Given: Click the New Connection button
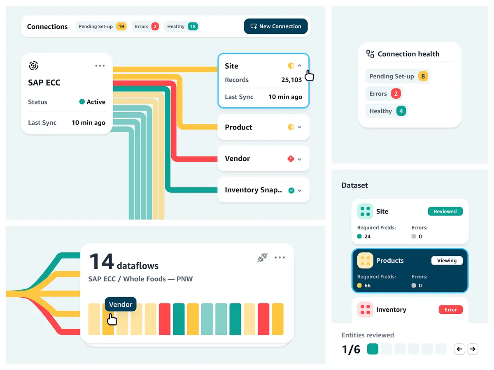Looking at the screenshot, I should point(275,26).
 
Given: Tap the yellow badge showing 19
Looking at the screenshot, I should point(121,26).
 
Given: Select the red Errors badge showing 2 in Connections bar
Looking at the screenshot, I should point(155,26).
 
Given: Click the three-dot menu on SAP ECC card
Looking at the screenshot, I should point(100,66).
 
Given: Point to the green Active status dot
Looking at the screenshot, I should point(82,102).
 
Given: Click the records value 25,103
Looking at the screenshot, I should point(291,80).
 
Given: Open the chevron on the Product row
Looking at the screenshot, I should point(300,127).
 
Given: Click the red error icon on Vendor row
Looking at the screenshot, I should point(291,159).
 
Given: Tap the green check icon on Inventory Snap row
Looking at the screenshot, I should point(291,190).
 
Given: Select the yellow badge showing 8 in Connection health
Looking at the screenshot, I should point(423,76).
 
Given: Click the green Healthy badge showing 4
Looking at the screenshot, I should point(401,111).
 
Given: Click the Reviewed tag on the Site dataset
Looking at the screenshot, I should point(445,211).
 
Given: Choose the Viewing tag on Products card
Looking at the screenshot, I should point(447,261).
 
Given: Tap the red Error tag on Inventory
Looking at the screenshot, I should point(450,310).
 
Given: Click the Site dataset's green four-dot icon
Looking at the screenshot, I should point(365,211).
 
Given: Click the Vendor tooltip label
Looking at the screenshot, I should point(121,305).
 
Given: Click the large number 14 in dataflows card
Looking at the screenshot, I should point(101,261).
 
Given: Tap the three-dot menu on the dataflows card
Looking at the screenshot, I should point(280,258).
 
